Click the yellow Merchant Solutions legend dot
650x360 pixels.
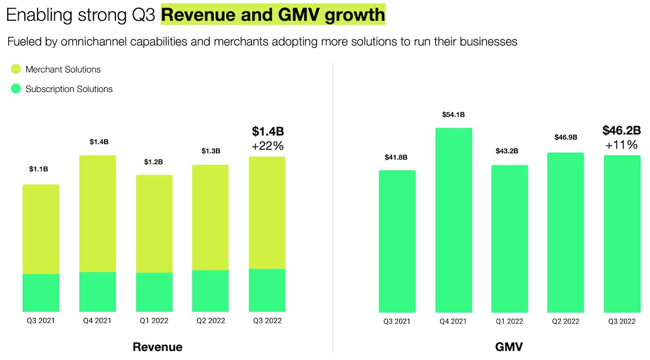coord(16,70)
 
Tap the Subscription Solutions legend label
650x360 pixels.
coord(69,89)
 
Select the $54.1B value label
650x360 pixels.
coord(453,115)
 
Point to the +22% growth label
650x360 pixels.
coord(267,146)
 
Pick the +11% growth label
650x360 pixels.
coord(622,145)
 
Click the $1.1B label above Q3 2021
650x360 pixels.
coord(39,169)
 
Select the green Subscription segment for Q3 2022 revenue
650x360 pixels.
coord(267,290)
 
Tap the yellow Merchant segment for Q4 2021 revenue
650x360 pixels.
coord(97,214)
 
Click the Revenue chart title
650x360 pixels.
coord(157,347)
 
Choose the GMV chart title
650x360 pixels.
coord(509,347)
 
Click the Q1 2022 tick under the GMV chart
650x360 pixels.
coord(509,321)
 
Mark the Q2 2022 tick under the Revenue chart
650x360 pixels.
coord(210,321)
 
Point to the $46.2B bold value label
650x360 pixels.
coord(622,130)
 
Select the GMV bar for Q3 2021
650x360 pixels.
coord(397,241)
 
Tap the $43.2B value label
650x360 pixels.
coord(509,151)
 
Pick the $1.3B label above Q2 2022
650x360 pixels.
coord(210,151)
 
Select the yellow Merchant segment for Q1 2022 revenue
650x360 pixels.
coord(154,224)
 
